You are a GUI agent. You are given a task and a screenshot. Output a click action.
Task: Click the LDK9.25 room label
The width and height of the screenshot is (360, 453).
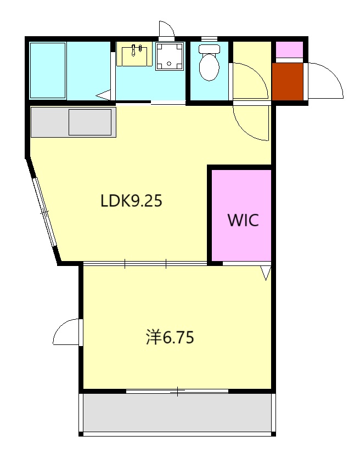pyautogui.click(x=131, y=201)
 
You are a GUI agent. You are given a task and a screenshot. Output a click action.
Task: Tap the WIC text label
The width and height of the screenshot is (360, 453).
pyautogui.click(x=243, y=220)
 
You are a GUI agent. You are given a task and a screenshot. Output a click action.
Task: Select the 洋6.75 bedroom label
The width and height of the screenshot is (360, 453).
pyautogui.click(x=170, y=337)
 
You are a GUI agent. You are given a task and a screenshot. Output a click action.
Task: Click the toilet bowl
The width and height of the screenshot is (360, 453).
pyautogui.click(x=209, y=67)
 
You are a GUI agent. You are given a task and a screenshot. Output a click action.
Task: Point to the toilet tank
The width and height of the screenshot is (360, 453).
pyautogui.click(x=209, y=49)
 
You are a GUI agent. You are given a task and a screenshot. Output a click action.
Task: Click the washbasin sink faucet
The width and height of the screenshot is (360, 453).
pyautogui.click(x=137, y=50)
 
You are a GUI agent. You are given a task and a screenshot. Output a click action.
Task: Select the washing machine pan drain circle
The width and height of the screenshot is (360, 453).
pyautogui.click(x=169, y=64)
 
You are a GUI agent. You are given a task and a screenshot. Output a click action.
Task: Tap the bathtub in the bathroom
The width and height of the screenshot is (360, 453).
pyautogui.click(x=48, y=71)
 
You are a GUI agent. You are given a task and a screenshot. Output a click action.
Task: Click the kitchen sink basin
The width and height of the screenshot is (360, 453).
pyautogui.click(x=90, y=122)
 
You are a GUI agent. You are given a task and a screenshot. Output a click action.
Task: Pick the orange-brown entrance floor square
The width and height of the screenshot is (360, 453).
pyautogui.click(x=288, y=82)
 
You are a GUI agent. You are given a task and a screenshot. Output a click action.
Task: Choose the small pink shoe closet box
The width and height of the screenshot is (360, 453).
pyautogui.click(x=289, y=50)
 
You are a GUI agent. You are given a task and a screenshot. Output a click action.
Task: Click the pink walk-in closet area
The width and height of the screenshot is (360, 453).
pyautogui.click(x=241, y=216)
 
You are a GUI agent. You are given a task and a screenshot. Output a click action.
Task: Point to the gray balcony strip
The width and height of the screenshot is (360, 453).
pyautogui.click(x=177, y=412)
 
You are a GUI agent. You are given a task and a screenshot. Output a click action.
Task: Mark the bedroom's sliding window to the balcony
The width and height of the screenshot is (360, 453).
pyautogui.click(x=177, y=392)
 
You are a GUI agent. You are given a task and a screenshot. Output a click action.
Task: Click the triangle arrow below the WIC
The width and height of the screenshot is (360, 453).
pyautogui.click(x=266, y=273)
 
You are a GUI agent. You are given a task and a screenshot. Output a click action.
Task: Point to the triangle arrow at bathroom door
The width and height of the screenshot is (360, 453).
pyautogui.click(x=104, y=95)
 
